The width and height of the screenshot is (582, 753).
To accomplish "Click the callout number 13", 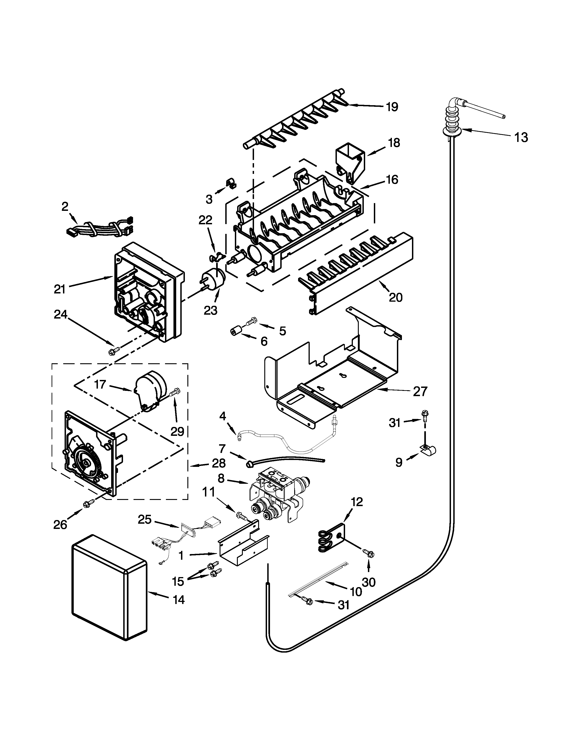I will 521,138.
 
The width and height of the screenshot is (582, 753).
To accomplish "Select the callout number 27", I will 420,391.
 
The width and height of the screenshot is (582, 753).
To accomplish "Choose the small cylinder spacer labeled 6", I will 235,332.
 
